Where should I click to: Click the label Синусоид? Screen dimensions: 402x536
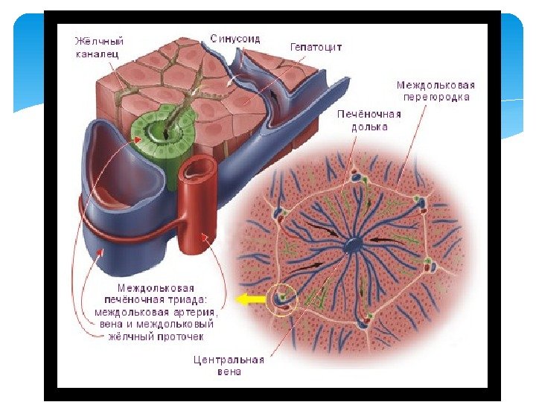[x=234, y=38]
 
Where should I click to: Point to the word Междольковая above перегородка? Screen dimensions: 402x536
[x=435, y=85]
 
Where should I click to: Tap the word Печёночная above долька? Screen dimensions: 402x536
[x=369, y=114]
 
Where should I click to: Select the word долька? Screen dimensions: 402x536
[x=369, y=127]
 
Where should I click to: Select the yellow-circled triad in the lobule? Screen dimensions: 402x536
[x=283, y=298]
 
